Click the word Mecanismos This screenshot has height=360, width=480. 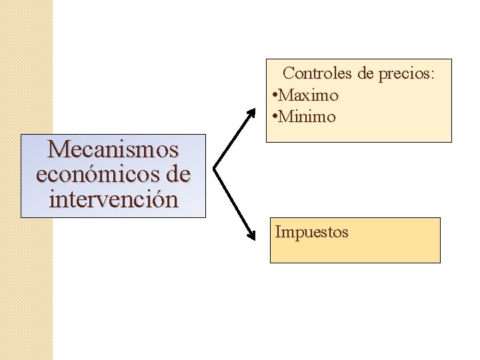[x=113, y=149]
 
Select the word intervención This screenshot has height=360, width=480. [x=113, y=199]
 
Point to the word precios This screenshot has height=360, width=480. [x=404, y=73]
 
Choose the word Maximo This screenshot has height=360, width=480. [x=309, y=95]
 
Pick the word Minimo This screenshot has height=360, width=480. [x=307, y=117]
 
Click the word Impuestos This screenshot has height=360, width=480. [x=311, y=233]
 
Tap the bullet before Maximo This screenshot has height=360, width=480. [x=275, y=95]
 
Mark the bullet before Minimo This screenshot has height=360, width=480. [x=275, y=117]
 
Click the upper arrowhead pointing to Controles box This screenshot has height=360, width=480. [x=251, y=111]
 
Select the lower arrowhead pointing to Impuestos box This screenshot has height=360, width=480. [x=251, y=235]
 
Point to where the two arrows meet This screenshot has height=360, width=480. [x=215, y=167]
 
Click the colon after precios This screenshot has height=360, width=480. [x=432, y=75]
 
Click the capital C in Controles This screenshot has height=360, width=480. [x=289, y=73]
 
